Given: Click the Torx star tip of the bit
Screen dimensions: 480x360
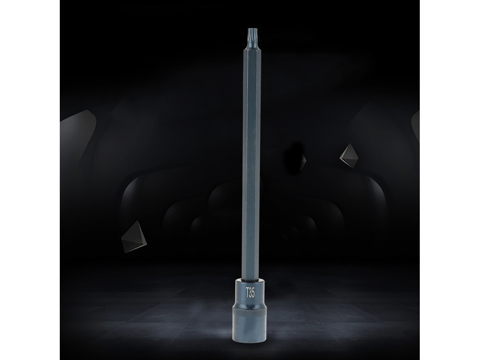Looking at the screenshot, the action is click(x=251, y=34).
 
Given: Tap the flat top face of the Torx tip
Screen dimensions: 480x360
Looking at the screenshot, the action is click(x=251, y=29).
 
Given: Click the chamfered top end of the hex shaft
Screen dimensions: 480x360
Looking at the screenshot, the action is click(x=251, y=50).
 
